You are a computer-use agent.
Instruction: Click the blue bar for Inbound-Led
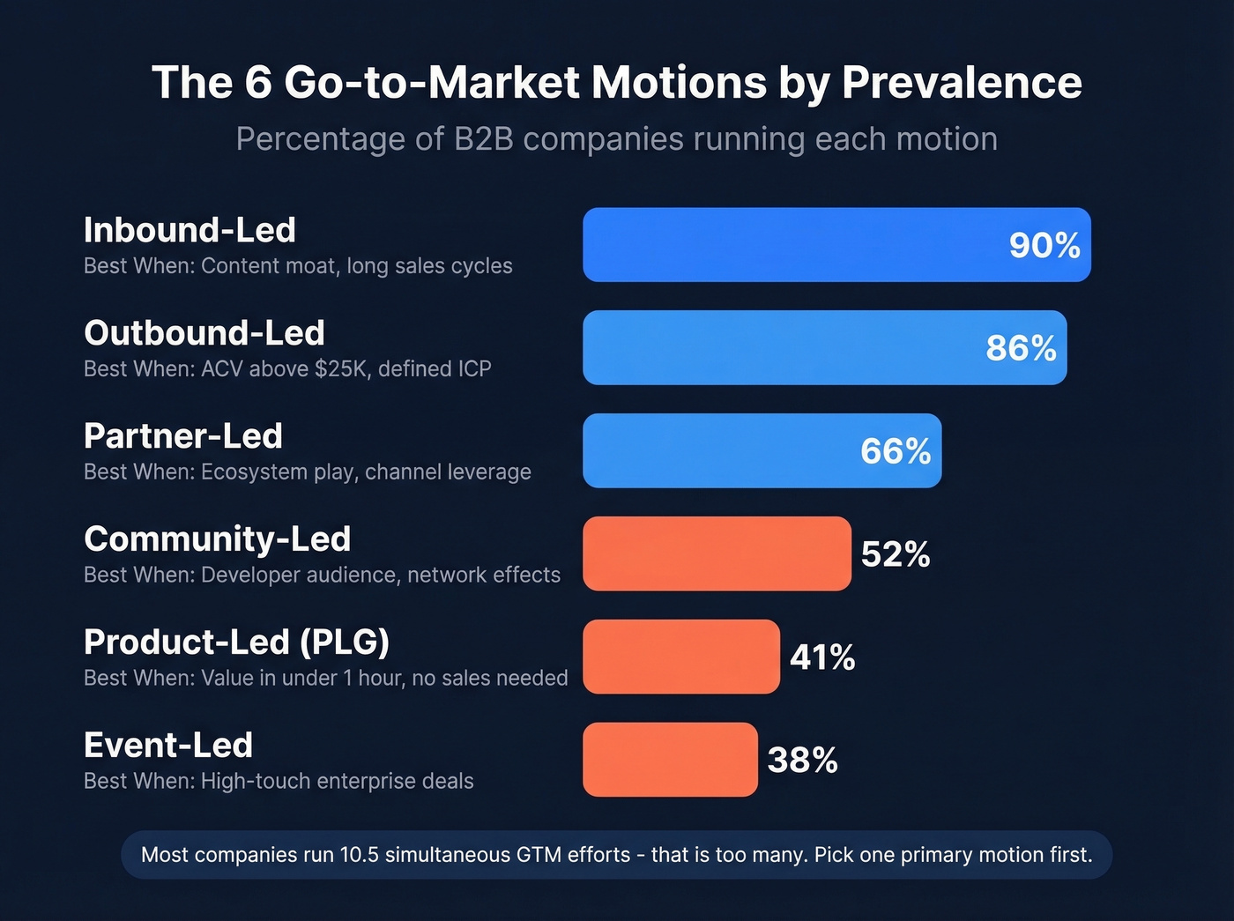(793, 245)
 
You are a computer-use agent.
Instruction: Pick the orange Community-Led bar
(717, 553)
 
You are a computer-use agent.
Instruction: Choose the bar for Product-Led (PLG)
(681, 657)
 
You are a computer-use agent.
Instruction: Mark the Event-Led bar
(670, 760)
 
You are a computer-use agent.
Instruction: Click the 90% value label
(1044, 246)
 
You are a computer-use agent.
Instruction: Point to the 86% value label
(1021, 348)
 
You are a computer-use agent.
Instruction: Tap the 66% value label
(896, 451)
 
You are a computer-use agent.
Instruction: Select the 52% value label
(896, 554)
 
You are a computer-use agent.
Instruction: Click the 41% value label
(822, 657)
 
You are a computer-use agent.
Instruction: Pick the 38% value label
(802, 761)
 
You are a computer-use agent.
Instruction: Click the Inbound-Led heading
(190, 230)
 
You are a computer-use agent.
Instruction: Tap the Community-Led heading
(217, 538)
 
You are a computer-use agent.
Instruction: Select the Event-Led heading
(168, 746)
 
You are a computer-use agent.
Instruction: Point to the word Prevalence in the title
(961, 83)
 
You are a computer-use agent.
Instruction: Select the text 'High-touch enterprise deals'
(338, 781)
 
